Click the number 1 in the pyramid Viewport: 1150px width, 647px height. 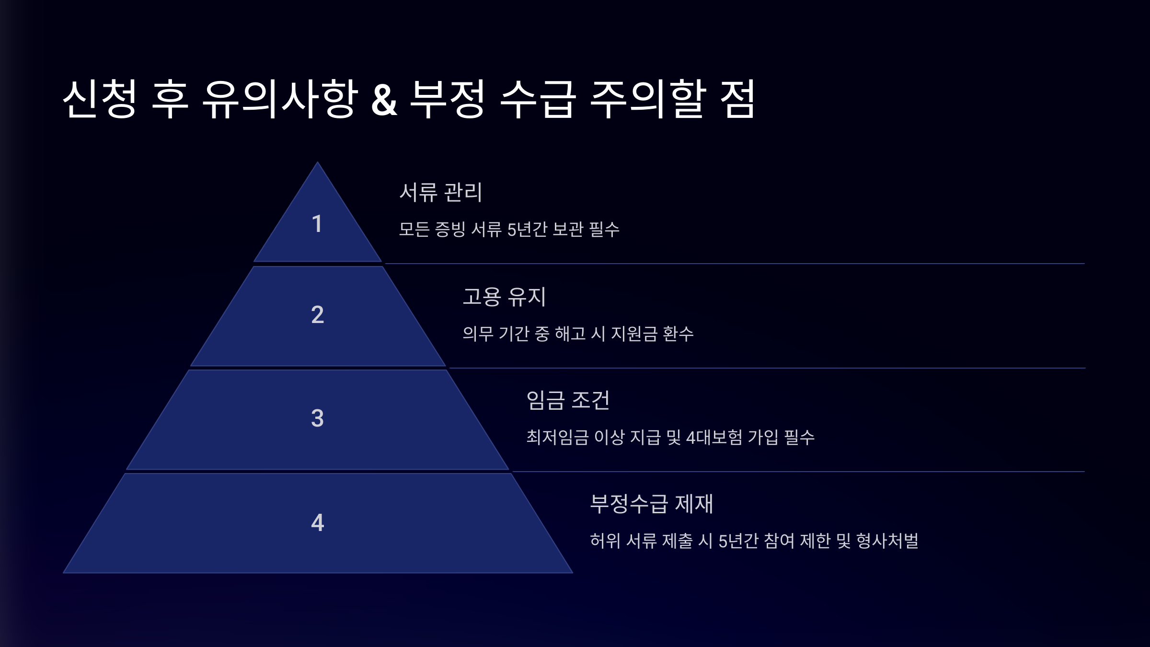pyautogui.click(x=317, y=224)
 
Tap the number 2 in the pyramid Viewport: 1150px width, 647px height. pyautogui.click(x=317, y=315)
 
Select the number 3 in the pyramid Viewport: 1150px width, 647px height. pyautogui.click(x=317, y=418)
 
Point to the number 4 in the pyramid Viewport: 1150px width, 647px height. pyautogui.click(x=317, y=522)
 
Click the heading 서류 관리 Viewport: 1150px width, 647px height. pyautogui.click(x=440, y=192)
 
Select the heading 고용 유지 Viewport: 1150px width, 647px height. pyautogui.click(x=504, y=297)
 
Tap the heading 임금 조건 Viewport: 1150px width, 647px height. pyautogui.click(x=568, y=400)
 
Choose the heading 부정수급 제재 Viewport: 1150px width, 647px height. pyautogui.click(x=651, y=504)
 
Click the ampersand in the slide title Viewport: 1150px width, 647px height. pyautogui.click(x=384, y=100)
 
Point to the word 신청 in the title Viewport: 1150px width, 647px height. pyautogui.click(x=100, y=99)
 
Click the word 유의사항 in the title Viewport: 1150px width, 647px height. pyautogui.click(x=280, y=99)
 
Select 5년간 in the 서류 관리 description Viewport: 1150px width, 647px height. pyautogui.click(x=527, y=230)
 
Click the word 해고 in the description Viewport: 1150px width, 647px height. pyautogui.click(x=570, y=334)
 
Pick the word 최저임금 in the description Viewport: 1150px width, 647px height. pyautogui.click(x=557, y=437)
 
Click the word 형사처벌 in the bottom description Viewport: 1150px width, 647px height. pyautogui.click(x=887, y=541)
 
